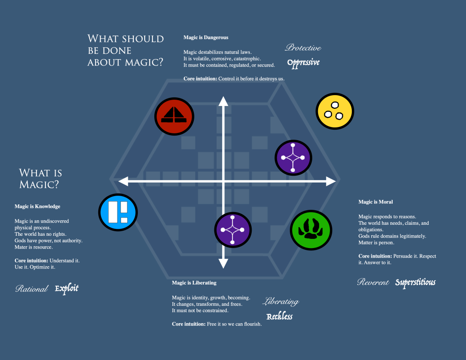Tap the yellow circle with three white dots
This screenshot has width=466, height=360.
tap(335, 111)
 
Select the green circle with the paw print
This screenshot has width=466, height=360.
tap(311, 230)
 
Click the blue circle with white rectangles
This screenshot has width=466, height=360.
tap(118, 212)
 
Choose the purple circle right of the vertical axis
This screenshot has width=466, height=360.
tap(293, 157)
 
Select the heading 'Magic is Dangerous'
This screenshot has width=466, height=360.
tap(206, 37)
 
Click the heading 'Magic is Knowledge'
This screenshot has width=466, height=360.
tap(37, 206)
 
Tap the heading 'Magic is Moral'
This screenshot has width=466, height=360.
tap(375, 202)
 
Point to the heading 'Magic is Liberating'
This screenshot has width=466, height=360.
tap(194, 283)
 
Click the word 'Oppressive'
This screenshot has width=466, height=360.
tap(304, 62)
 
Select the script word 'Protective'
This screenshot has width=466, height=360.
tap(303, 48)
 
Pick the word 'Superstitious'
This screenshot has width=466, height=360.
tap(415, 283)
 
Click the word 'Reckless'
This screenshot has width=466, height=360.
tap(279, 316)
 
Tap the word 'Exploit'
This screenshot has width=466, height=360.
tap(67, 288)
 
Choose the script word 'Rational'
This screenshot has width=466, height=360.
tap(31, 289)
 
